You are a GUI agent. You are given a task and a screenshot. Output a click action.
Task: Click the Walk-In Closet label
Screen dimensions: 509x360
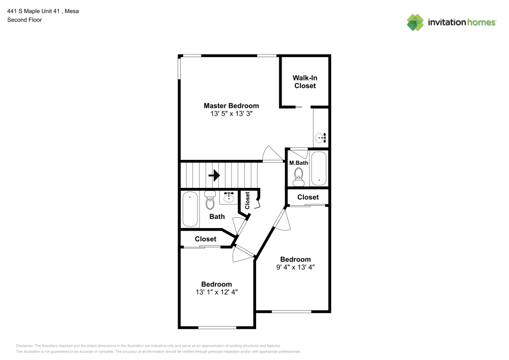point(305,82)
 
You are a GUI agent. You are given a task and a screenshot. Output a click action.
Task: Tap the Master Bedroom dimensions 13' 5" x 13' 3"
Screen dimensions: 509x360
point(232,114)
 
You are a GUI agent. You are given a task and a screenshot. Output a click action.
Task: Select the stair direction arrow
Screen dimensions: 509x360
point(214,176)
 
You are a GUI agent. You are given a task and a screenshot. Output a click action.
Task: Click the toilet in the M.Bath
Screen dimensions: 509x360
point(299,177)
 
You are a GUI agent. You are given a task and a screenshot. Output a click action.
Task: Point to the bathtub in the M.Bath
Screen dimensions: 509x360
point(319,168)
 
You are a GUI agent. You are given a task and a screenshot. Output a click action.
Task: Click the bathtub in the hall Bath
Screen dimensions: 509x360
point(190,209)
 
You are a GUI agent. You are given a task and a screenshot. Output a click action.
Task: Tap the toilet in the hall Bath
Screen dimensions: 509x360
point(210,200)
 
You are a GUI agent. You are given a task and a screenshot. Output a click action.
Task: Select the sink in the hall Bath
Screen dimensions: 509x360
point(229,197)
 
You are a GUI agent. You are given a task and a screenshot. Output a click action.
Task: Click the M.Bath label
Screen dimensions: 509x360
point(299,163)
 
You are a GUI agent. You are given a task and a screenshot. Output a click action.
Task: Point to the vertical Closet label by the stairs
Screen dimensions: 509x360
point(247,201)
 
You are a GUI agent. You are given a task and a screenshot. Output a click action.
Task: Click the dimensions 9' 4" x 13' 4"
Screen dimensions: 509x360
point(295,267)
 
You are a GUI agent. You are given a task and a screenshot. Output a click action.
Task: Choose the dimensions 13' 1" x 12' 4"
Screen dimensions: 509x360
point(216,292)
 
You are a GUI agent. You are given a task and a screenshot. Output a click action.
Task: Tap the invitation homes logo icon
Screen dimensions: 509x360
point(415,22)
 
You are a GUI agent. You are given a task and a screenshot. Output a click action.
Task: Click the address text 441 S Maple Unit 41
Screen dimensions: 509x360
point(34,11)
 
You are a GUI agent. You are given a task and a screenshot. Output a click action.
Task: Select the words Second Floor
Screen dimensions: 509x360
point(24,20)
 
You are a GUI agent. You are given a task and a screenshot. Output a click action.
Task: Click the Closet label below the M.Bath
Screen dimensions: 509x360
point(308,197)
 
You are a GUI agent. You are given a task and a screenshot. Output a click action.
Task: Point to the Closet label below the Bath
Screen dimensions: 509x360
point(206,239)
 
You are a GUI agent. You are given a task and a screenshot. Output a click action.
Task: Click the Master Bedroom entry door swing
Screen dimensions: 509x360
point(273,153)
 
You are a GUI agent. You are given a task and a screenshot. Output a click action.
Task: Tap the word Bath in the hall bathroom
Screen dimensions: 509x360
point(217,216)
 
